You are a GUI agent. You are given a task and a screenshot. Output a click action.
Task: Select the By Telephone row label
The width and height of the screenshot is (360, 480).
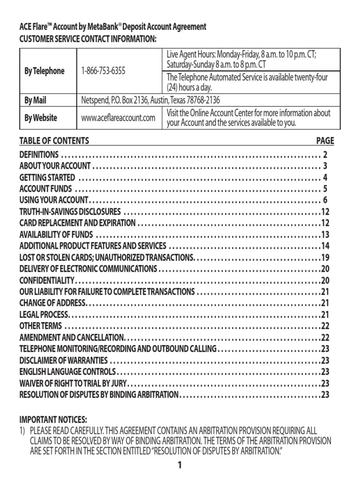tap(45, 71)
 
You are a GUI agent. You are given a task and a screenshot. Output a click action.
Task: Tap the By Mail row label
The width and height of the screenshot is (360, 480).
tap(35, 100)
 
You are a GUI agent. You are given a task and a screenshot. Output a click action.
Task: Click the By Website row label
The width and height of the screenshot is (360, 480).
tap(41, 118)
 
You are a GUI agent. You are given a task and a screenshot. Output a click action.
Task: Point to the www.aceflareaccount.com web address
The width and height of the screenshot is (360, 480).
tap(118, 118)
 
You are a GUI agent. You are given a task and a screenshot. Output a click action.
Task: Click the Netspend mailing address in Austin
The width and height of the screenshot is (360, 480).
tap(150, 100)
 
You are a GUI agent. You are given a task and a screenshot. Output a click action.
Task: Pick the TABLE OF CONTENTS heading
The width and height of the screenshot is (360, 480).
tap(54, 141)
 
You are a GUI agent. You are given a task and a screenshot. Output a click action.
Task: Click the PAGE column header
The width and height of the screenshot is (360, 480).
tap(325, 141)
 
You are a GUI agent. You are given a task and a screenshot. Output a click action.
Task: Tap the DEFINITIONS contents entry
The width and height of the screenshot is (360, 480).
tap(39, 154)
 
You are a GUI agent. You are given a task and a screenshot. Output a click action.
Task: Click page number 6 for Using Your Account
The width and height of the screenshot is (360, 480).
tap(325, 201)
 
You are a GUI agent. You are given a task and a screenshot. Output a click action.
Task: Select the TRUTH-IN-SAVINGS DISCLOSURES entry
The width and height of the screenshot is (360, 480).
tap(70, 211)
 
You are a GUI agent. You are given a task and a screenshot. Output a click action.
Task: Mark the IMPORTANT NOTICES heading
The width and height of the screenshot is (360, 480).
tap(53, 419)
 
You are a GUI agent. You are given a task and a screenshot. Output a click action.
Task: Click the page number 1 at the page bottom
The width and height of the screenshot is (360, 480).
tap(180, 465)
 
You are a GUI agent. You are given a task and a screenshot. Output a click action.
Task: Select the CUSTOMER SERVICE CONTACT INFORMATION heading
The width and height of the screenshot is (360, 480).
tap(88, 38)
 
